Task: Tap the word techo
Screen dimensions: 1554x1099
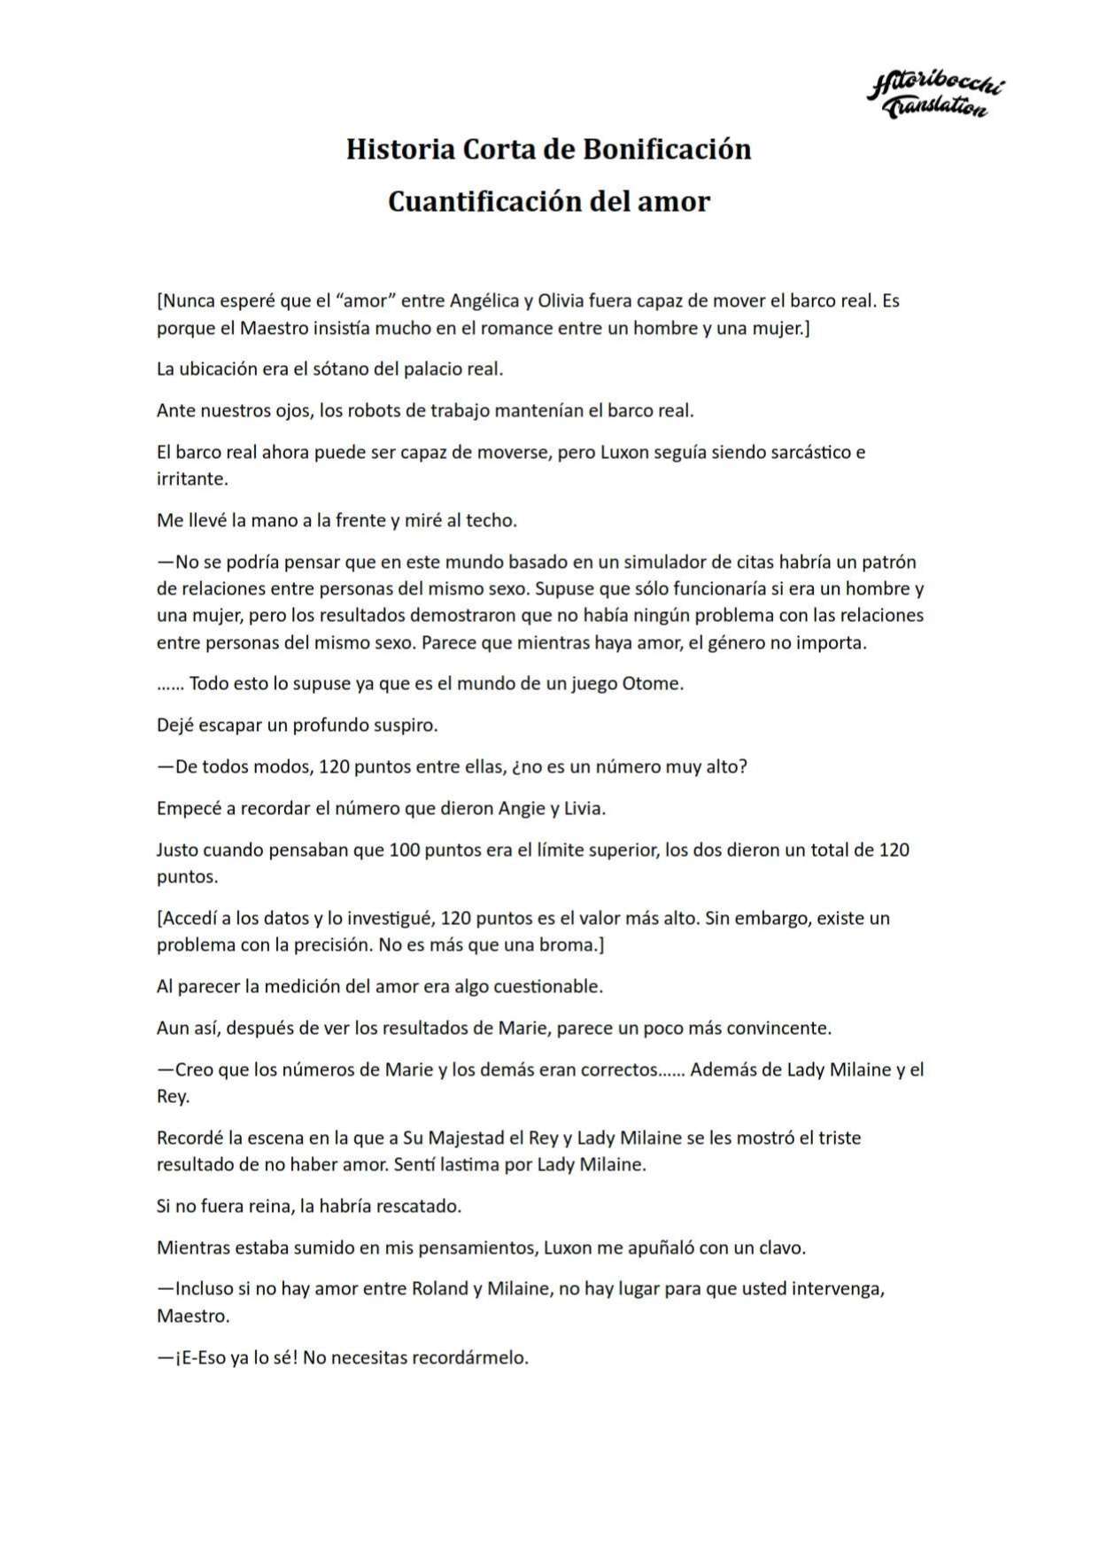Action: [x=491, y=520]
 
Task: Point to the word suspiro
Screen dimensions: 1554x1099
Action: [x=402, y=725]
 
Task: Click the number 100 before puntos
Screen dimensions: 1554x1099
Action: [x=404, y=850]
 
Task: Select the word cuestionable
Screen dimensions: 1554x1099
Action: [x=548, y=985]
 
